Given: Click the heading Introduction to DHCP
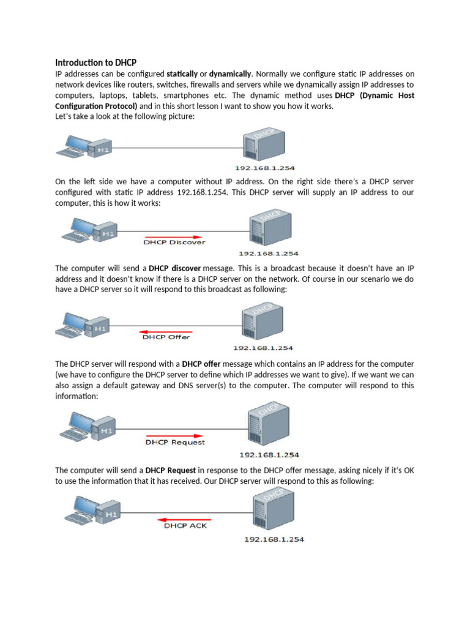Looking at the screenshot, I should [x=95, y=62].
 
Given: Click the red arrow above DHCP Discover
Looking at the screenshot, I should [x=173, y=236].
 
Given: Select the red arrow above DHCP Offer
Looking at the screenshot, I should [x=166, y=331].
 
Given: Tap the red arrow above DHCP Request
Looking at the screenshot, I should [x=174, y=436].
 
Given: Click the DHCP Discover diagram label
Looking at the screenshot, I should [x=174, y=242].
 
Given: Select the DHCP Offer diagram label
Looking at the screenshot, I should [x=166, y=337].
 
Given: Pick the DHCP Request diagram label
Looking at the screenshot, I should [x=175, y=442].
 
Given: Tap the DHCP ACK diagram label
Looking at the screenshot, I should [x=184, y=525].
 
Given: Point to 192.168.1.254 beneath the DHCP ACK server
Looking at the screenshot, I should [x=274, y=539].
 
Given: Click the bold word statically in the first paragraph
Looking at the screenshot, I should [x=182, y=73].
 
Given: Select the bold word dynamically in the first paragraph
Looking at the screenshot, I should [x=231, y=73].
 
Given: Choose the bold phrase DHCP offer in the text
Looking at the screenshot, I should [x=201, y=364].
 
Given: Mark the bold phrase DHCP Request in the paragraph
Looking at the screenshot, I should [x=171, y=470].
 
